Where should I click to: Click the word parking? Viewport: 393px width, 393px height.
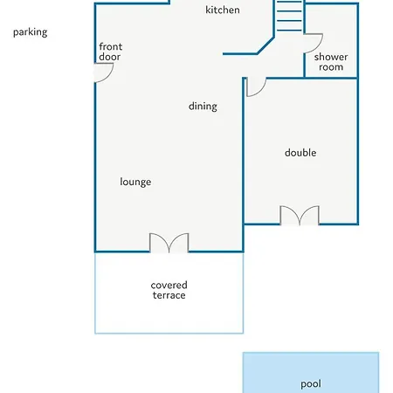(30, 32)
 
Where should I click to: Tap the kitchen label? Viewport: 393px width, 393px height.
(223, 10)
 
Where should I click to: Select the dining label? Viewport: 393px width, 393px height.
(203, 107)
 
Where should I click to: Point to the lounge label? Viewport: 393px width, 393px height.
(135, 182)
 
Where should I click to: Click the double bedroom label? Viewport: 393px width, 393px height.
(300, 153)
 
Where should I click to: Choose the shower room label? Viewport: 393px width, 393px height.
(331, 62)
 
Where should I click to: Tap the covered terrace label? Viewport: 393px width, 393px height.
(169, 290)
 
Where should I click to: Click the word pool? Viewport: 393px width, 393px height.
(311, 384)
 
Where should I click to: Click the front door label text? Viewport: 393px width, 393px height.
(111, 52)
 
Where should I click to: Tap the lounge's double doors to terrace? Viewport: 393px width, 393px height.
(169, 243)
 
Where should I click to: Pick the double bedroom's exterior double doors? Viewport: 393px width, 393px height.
(300, 215)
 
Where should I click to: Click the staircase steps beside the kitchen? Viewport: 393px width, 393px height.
(289, 16)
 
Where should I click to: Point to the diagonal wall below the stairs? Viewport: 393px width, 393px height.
(265, 45)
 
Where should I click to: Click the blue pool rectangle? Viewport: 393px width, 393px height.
(311, 373)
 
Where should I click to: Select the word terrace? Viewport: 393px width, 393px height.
(169, 295)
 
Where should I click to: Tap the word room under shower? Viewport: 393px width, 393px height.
(331, 67)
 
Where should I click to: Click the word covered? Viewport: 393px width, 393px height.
(169, 285)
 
